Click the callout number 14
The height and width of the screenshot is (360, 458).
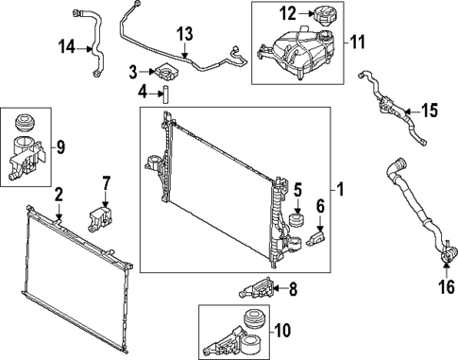[66, 45]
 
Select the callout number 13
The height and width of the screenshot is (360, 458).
[185, 34]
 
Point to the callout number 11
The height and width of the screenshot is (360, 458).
[357, 42]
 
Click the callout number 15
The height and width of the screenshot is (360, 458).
[430, 111]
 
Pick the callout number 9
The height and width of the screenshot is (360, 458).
[60, 146]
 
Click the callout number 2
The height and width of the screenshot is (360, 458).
[59, 195]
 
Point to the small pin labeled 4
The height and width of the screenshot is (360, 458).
[161, 93]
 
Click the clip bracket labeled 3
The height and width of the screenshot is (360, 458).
[166, 71]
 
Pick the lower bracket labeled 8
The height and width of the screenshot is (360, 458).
[259, 289]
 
